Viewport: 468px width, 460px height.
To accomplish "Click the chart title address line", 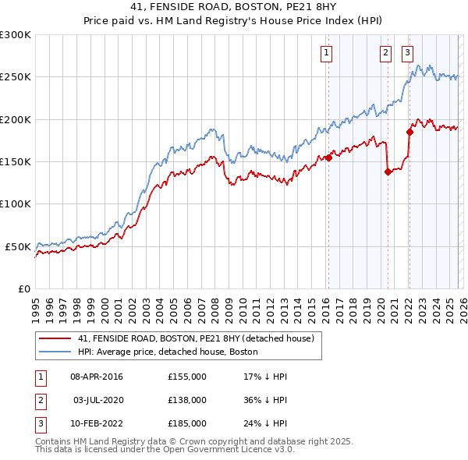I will click(x=234, y=7).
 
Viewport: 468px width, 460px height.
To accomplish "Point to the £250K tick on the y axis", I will click(x=16, y=77).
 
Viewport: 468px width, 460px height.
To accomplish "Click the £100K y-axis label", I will click(x=16, y=203).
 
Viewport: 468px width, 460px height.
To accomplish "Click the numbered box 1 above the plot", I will click(x=325, y=53).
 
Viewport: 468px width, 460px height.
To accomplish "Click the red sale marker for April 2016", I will click(x=328, y=157).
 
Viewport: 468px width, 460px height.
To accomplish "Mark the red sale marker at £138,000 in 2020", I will click(x=388, y=172).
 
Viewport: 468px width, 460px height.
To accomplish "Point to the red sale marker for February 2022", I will click(x=409, y=133).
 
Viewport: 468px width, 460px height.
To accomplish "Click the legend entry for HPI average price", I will click(x=168, y=352).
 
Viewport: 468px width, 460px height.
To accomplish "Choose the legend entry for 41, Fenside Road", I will click(x=195, y=339).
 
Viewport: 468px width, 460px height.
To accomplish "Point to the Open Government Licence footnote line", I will click(x=165, y=450).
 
